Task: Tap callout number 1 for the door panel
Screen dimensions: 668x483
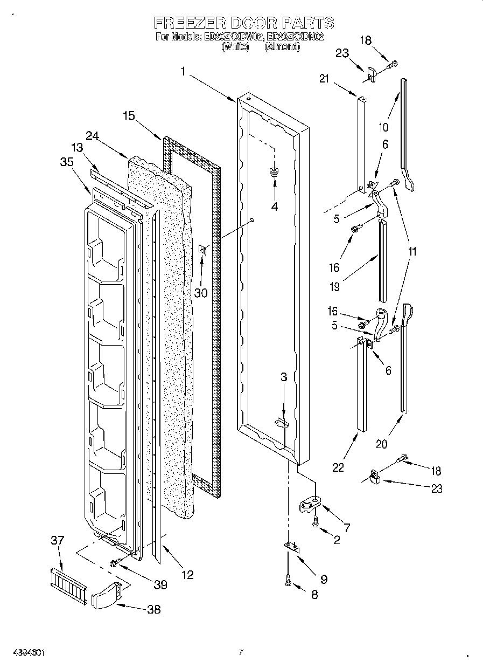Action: tap(184, 71)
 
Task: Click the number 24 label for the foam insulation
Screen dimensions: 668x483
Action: tap(92, 137)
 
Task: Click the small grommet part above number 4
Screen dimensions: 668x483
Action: tap(274, 172)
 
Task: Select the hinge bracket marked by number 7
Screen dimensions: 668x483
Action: tap(309, 504)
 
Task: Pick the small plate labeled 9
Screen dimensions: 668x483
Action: tap(291, 547)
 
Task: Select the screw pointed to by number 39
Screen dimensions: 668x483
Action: tap(115, 563)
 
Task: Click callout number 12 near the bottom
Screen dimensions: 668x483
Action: tap(187, 575)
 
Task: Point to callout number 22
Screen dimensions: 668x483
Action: tap(338, 467)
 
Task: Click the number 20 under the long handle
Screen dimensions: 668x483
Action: tap(381, 444)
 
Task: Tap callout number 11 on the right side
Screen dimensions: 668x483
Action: tap(412, 251)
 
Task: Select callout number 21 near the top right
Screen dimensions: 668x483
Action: tap(324, 79)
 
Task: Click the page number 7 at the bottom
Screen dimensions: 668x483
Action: tap(241, 652)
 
